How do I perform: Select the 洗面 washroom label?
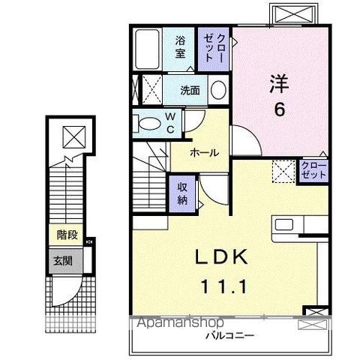tap(189, 91)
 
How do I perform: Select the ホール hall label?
tap(204, 152)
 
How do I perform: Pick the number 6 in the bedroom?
tap(278, 109)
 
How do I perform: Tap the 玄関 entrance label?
tap(62, 261)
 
